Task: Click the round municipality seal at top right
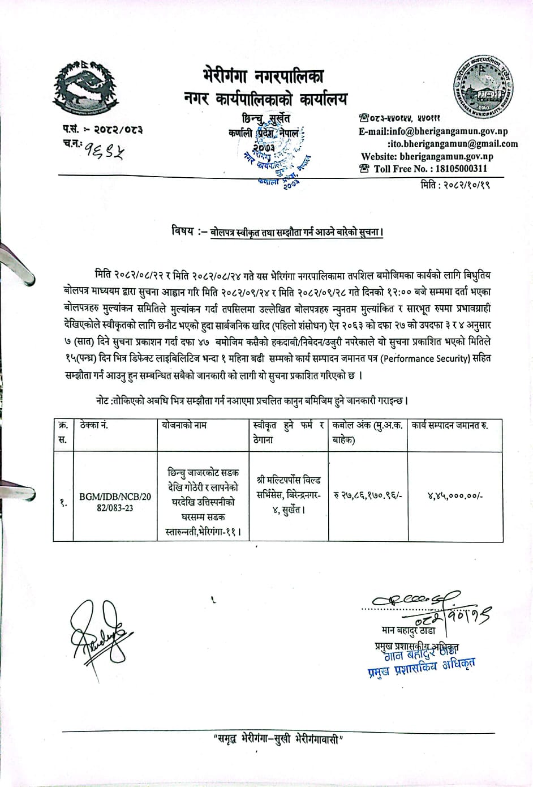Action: [x=484, y=85]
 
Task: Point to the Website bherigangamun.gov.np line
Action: [x=427, y=156]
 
